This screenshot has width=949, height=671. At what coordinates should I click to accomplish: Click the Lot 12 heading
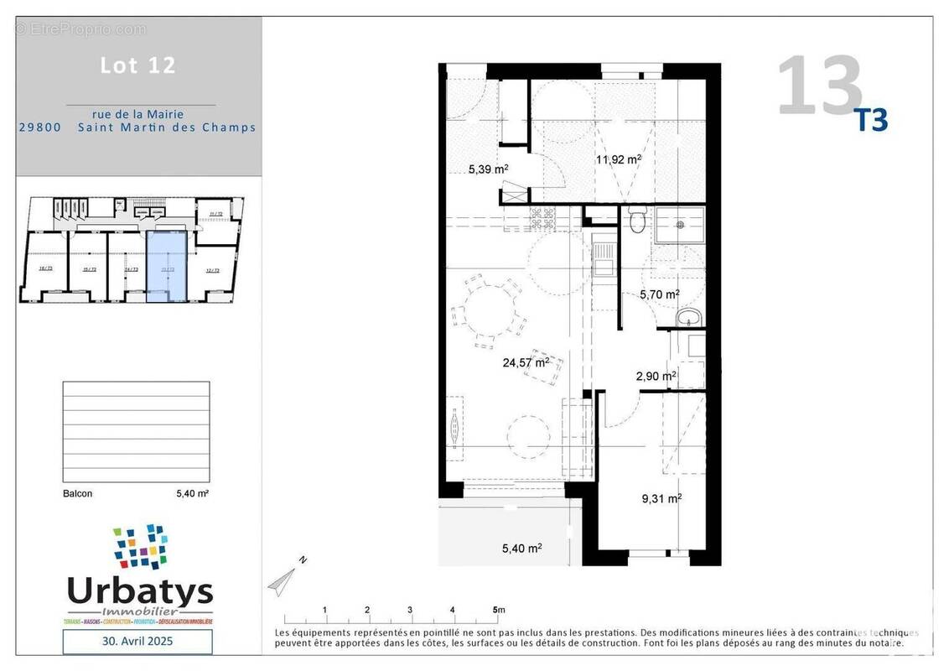click(x=138, y=65)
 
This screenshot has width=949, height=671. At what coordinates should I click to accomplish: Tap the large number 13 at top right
click(x=819, y=86)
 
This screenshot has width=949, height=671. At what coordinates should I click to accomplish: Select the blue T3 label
click(x=870, y=121)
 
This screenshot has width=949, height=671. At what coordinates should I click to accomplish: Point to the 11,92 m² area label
click(x=619, y=159)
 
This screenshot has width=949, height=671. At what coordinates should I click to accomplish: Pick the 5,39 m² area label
click(x=489, y=169)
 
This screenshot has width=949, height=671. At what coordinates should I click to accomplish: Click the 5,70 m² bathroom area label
click(x=659, y=294)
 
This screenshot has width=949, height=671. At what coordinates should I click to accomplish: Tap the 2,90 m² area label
click(x=656, y=377)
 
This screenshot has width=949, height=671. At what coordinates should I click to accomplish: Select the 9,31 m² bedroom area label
click(x=661, y=497)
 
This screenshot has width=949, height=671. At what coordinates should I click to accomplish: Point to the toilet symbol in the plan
click(x=638, y=221)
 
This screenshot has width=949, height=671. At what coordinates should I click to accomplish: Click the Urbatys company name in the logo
click(x=140, y=592)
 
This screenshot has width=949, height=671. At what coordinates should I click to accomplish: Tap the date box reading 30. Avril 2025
click(x=137, y=642)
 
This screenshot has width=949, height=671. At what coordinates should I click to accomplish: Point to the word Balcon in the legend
click(x=78, y=494)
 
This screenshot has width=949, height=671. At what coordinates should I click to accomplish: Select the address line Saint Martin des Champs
click(x=167, y=127)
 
